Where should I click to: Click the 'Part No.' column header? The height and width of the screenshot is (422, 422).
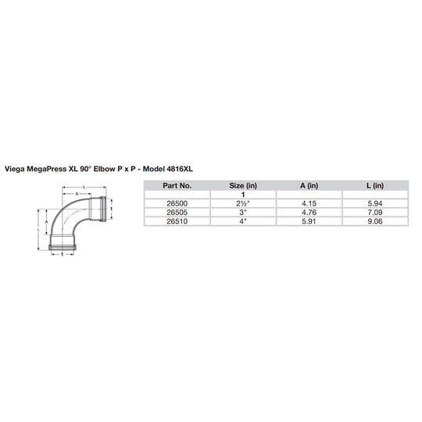point(177,186)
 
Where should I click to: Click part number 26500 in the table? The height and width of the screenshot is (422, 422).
point(177,203)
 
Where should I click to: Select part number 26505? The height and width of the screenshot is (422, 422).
point(177,212)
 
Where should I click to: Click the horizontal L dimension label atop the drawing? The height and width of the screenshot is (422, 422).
point(83,187)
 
